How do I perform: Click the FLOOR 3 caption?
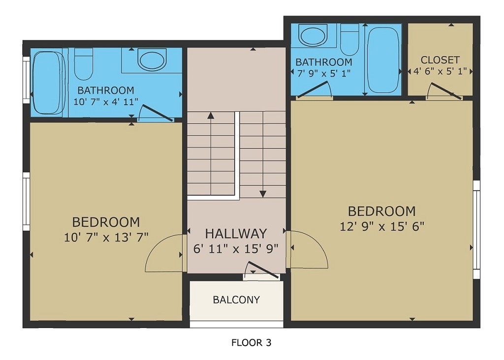click(251, 342)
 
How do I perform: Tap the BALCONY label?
click(236, 300)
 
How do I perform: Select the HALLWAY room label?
click(236, 233)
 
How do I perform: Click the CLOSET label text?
click(440, 60)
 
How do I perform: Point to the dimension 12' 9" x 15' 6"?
click(382, 226)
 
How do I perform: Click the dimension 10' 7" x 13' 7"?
click(106, 238)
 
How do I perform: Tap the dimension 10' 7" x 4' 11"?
click(106, 102)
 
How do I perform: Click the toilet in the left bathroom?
click(84, 64)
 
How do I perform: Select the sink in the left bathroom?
click(152, 60)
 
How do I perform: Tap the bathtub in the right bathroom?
click(384, 60)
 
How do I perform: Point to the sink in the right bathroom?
click(313, 35)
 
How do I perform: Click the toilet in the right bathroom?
click(349, 39)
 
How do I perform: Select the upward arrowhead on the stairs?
click(211, 116)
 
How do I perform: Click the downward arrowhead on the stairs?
click(263, 193)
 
